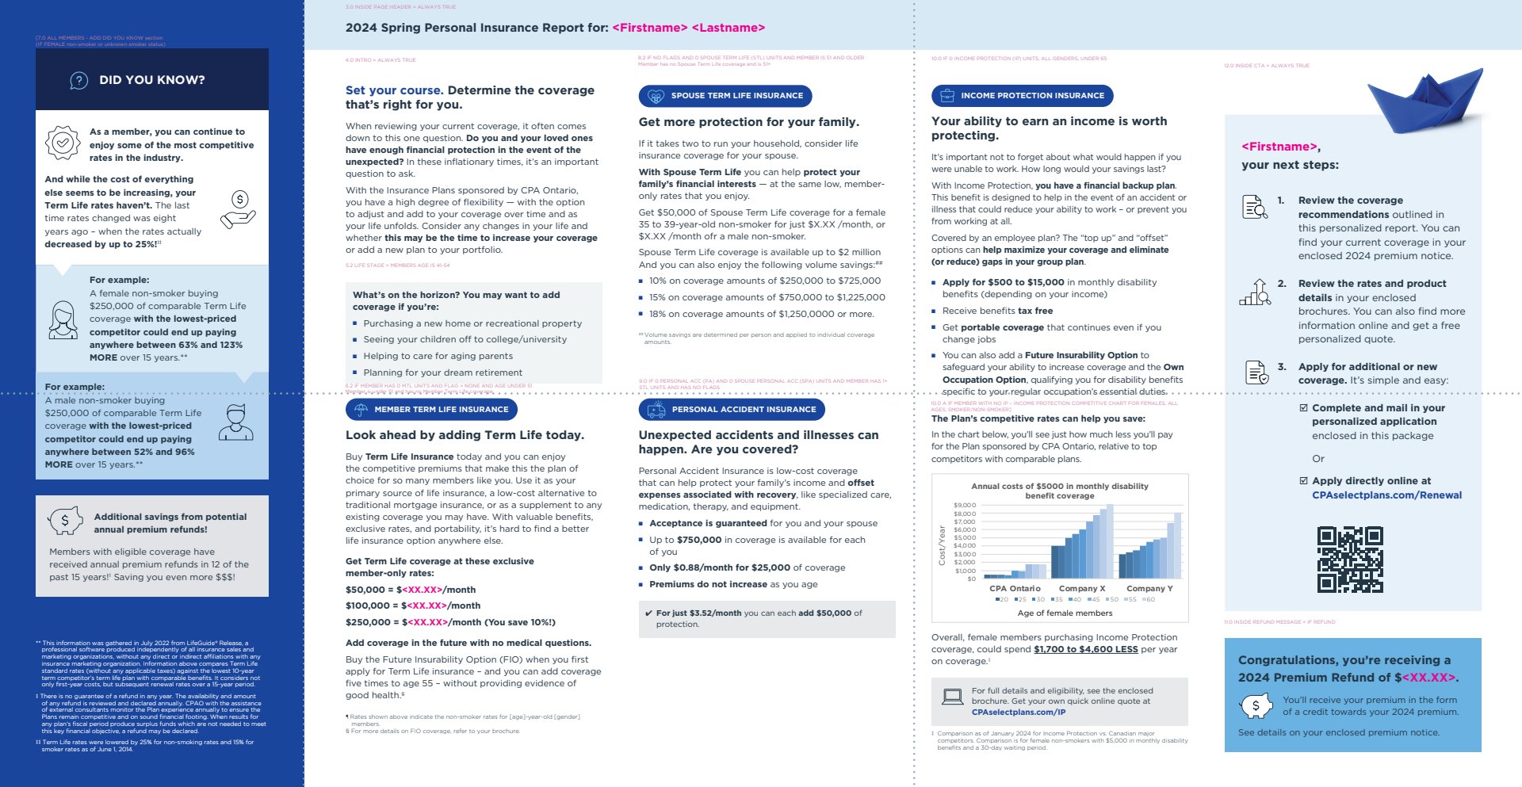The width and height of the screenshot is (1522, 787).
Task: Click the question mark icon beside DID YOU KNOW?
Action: coord(78,80)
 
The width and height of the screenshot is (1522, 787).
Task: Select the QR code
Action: coord(1350,560)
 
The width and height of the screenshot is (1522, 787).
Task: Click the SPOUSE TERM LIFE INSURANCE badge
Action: coord(725,96)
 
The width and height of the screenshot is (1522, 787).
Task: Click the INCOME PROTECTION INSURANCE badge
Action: coord(1022,96)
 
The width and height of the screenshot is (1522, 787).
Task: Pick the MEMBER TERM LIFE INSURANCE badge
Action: coord(431,410)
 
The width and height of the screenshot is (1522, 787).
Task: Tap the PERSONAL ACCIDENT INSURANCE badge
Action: coord(731,410)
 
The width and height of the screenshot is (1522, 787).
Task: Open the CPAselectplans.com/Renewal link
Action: coord(1386,495)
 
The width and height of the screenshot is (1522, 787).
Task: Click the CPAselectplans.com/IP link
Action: coord(1018,712)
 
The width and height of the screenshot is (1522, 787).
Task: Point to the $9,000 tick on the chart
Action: coord(965,505)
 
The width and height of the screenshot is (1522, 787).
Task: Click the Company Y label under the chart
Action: coord(1149,588)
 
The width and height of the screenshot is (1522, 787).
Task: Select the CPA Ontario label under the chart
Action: coord(1015,588)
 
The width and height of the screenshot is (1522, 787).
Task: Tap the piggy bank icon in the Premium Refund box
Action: coord(1256,705)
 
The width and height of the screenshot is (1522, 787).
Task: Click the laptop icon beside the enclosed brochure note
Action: coord(952,697)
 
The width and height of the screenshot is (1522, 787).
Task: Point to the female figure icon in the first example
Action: coord(63,320)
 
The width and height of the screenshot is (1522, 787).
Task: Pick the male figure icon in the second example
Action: coord(235,422)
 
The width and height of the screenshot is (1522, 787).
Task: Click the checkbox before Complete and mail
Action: coord(1303,408)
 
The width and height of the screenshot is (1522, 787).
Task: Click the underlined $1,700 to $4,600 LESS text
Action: coord(1085,649)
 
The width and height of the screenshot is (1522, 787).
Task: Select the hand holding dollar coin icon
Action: coord(239,209)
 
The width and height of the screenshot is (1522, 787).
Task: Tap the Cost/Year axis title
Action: coord(942,545)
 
